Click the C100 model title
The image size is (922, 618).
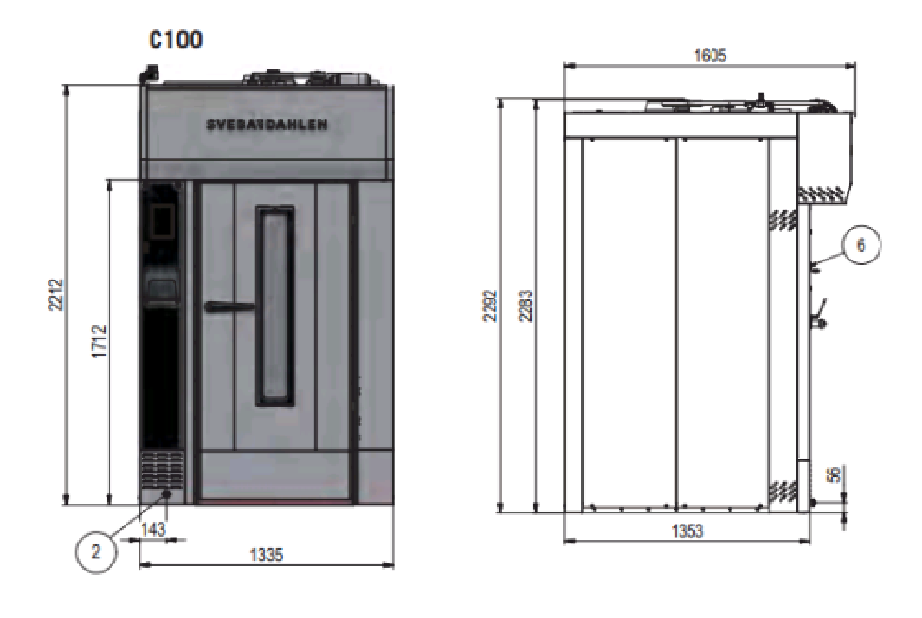tap(176, 40)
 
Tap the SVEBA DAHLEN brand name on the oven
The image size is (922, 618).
tap(267, 125)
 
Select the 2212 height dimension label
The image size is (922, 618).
tap(56, 294)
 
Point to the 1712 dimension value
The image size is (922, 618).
tap(100, 342)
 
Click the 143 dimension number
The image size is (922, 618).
tap(153, 529)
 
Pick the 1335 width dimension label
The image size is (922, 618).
tap(267, 554)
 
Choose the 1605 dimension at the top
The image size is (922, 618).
tap(710, 55)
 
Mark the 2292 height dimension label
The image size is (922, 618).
tap(490, 306)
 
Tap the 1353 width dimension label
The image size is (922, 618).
tap(687, 531)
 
